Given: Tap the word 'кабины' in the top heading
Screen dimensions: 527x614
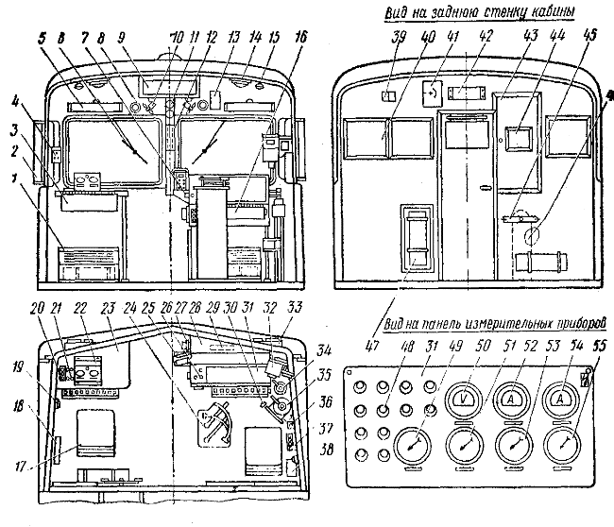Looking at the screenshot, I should pos(546,12).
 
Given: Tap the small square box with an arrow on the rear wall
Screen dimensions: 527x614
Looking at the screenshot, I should pos(433,93).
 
